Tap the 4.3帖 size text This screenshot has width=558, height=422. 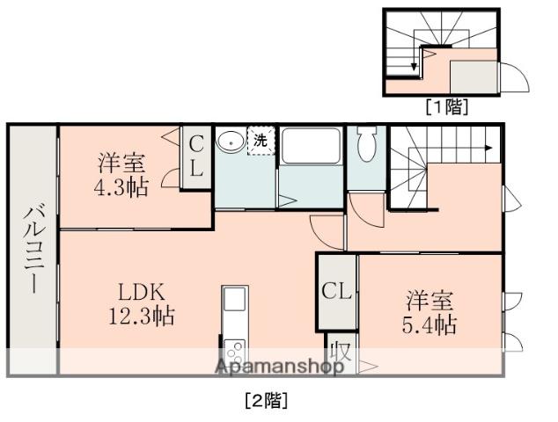122,186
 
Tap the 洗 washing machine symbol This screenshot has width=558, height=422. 261,139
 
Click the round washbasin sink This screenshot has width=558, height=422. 231,141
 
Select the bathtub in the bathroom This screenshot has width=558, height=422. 311,144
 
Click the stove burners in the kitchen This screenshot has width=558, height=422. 234,352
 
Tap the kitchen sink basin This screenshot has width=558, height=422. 234,300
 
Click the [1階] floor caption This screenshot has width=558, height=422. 447,107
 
